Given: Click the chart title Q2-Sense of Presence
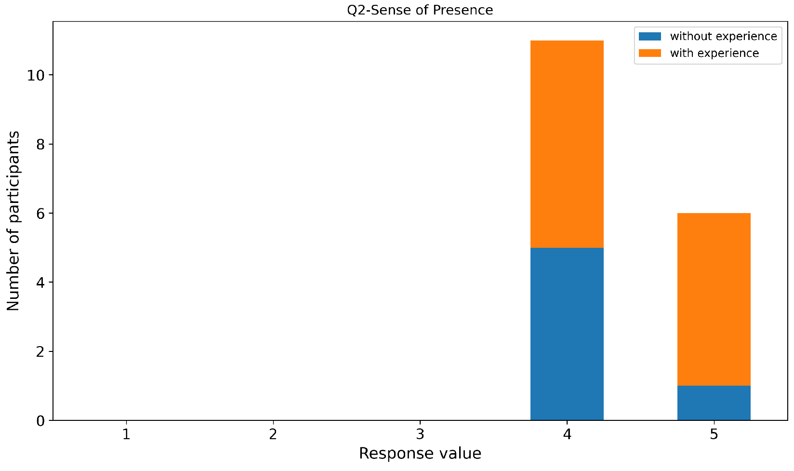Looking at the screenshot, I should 420,10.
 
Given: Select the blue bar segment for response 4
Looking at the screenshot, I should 567,334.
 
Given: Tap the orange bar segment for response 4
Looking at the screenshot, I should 567,144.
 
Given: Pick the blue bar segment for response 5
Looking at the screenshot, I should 714,403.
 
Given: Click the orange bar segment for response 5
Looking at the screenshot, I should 714,299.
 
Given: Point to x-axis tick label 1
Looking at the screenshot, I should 126,435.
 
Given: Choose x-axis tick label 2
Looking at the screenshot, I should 273,435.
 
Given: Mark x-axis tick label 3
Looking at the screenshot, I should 420,435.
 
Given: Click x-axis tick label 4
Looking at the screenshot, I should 567,435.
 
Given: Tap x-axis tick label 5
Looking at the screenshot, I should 714,435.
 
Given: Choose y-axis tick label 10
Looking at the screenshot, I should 36,76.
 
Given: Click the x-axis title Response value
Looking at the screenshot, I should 420,454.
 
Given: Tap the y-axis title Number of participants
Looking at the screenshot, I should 13,221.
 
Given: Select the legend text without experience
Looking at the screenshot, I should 723,37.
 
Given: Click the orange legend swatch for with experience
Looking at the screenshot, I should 649,53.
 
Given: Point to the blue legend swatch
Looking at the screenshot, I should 649,37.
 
